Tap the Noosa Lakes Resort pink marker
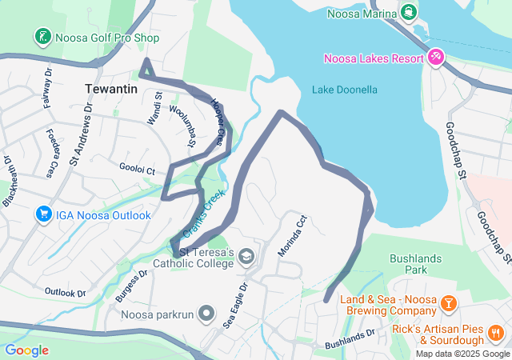(x=435, y=58)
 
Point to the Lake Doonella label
(x=344, y=90)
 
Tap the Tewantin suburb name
(x=111, y=89)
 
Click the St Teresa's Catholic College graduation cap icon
(x=247, y=256)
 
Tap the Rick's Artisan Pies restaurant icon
(x=496, y=332)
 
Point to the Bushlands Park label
(x=414, y=265)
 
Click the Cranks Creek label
(x=205, y=211)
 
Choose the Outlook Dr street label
(x=65, y=292)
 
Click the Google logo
(x=26, y=350)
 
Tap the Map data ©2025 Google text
(x=462, y=354)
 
